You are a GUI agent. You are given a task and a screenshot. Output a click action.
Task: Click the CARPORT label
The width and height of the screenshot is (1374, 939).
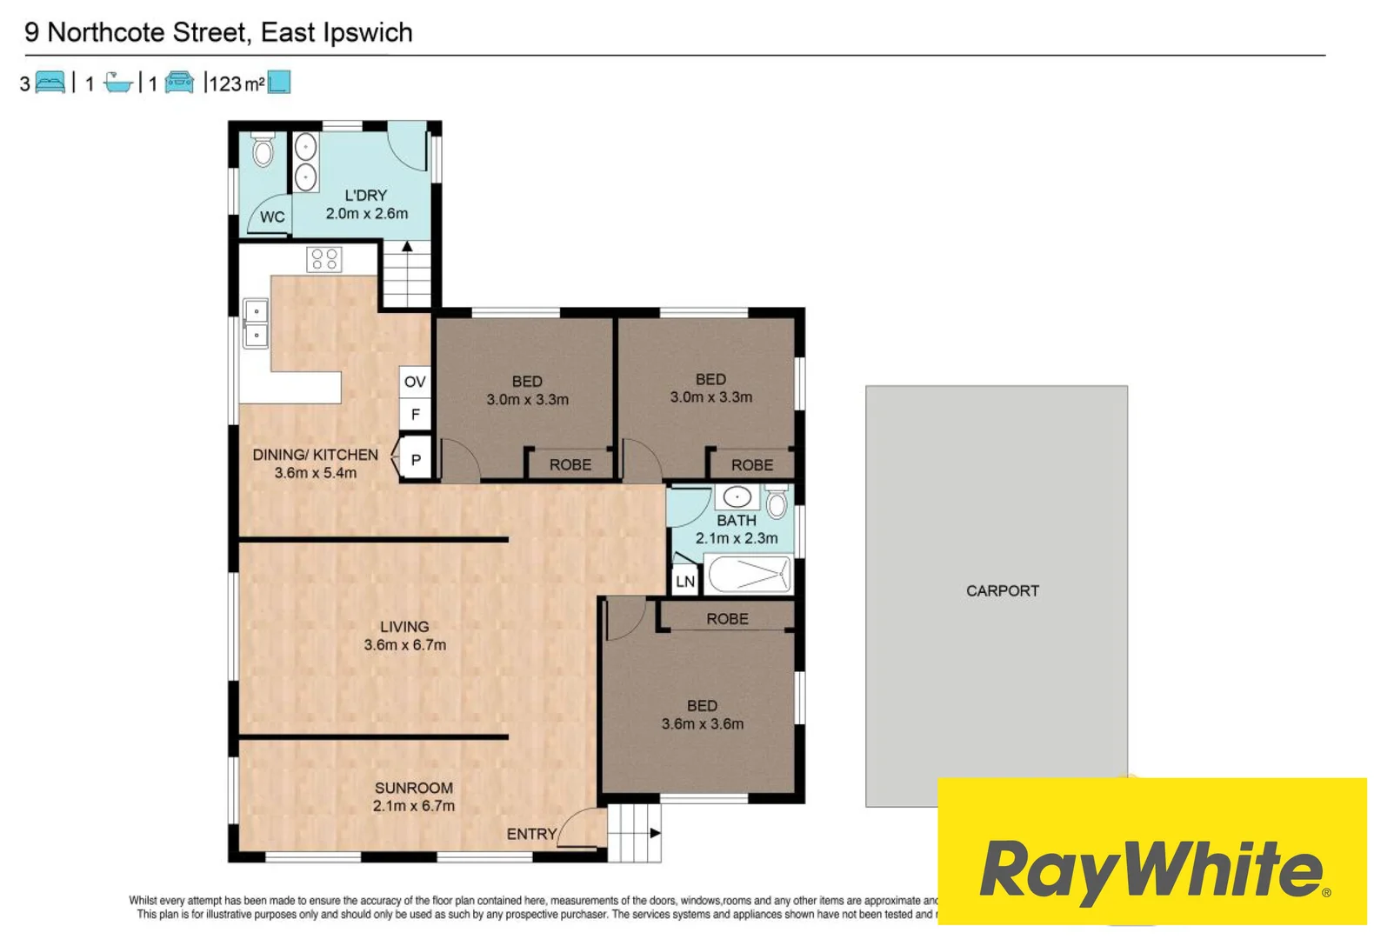pyautogui.click(x=1002, y=591)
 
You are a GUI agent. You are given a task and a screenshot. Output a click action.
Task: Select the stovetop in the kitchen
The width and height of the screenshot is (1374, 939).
pyautogui.click(x=324, y=258)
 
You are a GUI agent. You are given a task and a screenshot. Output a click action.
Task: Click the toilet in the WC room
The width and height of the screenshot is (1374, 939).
pyautogui.click(x=263, y=150)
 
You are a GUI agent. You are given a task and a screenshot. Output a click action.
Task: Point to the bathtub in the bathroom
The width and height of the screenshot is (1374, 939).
pyautogui.click(x=748, y=575)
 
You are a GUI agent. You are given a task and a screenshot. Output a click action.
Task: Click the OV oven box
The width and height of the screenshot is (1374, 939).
pyautogui.click(x=415, y=382)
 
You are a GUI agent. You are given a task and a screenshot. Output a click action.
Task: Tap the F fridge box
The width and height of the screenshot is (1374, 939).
pyautogui.click(x=415, y=414)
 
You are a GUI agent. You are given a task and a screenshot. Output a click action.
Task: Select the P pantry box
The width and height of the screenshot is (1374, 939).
pyautogui.click(x=415, y=460)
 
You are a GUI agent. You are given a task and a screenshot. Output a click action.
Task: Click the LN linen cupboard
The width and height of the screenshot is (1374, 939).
pyautogui.click(x=684, y=581)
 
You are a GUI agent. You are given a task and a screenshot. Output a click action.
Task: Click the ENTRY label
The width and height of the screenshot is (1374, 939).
pyautogui.click(x=531, y=834)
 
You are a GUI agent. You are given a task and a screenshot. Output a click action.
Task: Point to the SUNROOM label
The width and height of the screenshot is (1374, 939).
pyautogui.click(x=414, y=788)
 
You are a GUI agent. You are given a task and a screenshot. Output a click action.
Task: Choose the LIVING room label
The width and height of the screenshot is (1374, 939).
pyautogui.click(x=404, y=627)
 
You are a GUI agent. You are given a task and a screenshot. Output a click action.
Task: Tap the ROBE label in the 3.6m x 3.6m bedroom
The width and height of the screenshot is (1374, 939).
pyautogui.click(x=727, y=618)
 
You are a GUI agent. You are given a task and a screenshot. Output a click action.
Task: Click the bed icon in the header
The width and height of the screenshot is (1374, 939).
pyautogui.click(x=50, y=83)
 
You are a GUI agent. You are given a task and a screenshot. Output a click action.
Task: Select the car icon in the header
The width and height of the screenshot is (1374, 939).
pyautogui.click(x=179, y=83)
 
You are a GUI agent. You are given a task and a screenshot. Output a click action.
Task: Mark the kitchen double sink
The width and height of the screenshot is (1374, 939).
pyautogui.click(x=256, y=323)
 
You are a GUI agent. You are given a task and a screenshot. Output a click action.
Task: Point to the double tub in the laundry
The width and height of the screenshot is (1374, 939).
pyautogui.click(x=305, y=163)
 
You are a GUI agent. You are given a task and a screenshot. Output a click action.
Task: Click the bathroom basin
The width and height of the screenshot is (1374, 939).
pyautogui.click(x=737, y=497)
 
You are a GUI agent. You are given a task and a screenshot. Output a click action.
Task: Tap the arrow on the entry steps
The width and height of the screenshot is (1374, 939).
pyautogui.click(x=655, y=833)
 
